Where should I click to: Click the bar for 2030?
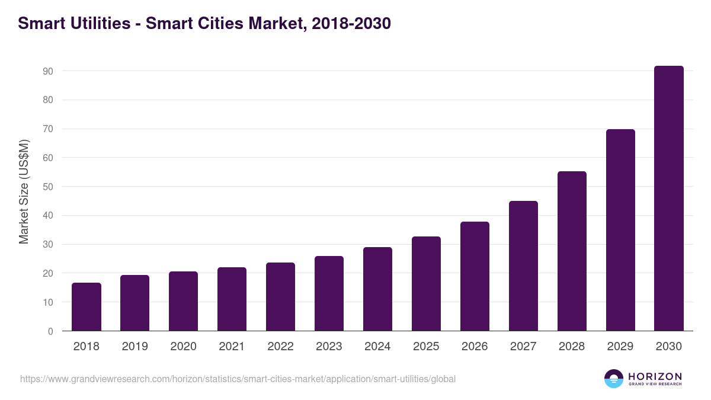[668, 199]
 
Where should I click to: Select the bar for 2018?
[86, 307]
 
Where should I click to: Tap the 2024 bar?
[377, 289]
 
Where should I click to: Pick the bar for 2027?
[523, 266]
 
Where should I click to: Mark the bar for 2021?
[232, 299]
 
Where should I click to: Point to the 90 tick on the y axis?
[48, 71]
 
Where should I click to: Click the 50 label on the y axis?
[48, 187]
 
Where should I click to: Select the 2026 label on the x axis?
[475, 347]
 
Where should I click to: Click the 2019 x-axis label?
[134, 347]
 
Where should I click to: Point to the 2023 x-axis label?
[329, 347]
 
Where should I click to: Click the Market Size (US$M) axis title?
[24, 191]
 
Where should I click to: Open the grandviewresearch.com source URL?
[238, 379]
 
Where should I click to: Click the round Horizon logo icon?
[614, 379]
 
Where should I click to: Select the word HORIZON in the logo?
[655, 376]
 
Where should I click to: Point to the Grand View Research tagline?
[655, 384]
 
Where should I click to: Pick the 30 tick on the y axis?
[48, 245]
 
